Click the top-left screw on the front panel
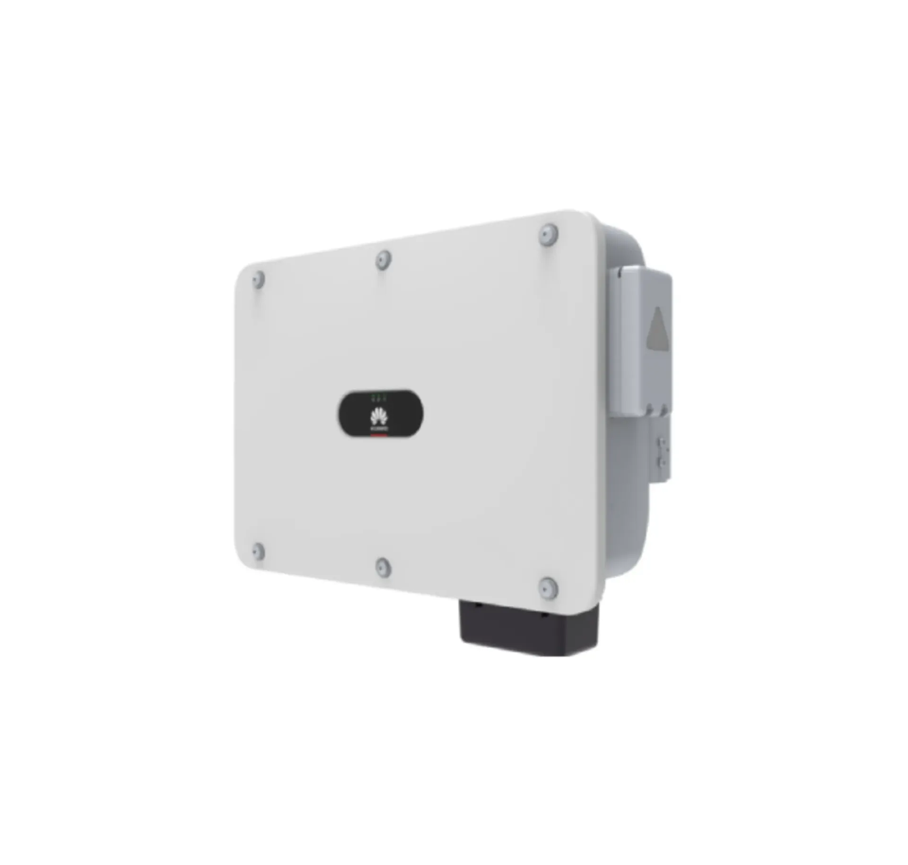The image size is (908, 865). pos(258,280)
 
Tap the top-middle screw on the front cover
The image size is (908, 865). pos(384,260)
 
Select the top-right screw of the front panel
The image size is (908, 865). pos(548,235)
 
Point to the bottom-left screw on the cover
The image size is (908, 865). pos(258,551)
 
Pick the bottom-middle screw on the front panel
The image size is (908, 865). pos(383,568)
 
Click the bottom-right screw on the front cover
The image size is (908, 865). pos(548,588)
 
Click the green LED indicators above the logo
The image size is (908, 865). pos(379,398)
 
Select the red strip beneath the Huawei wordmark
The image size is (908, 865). pos(379,433)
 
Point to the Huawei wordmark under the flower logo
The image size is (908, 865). pos(379,428)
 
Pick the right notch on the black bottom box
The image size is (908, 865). pos(545,614)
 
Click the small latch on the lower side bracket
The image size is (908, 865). pos(663,452)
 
